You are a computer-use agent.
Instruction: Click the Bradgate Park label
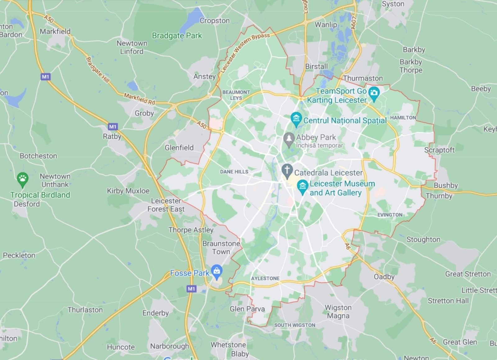(x=177, y=36)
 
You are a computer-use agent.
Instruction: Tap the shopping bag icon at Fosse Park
(x=217, y=271)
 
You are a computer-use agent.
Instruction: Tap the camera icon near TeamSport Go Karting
(x=374, y=93)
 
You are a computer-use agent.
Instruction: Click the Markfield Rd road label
(x=139, y=99)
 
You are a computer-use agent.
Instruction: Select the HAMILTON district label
(x=403, y=118)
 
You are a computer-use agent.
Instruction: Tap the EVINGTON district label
(x=390, y=215)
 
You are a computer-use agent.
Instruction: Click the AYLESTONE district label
(x=265, y=278)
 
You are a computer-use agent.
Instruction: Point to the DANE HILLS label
(x=234, y=172)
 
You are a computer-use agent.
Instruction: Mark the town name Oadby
(x=384, y=277)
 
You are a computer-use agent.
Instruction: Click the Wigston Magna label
(x=338, y=312)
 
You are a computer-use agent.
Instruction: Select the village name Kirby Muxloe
(x=128, y=191)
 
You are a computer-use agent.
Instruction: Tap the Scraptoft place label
(x=439, y=150)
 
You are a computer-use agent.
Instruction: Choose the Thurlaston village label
(x=85, y=310)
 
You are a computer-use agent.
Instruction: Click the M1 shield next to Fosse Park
(x=191, y=289)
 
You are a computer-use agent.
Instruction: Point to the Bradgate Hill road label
(x=98, y=70)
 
